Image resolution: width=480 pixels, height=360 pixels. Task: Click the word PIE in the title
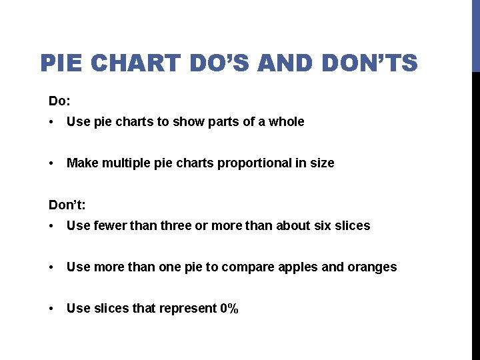pyautogui.click(x=61, y=63)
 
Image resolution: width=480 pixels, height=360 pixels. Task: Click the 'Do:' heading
pyautogui.click(x=59, y=101)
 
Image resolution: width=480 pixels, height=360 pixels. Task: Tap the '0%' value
pyautogui.click(x=229, y=309)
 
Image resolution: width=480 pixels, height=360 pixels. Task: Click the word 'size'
pyautogui.click(x=323, y=163)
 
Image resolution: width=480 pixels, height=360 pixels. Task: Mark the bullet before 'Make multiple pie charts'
pyautogui.click(x=52, y=163)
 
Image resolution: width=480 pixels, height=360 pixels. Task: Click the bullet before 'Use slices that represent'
pyautogui.click(x=52, y=309)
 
